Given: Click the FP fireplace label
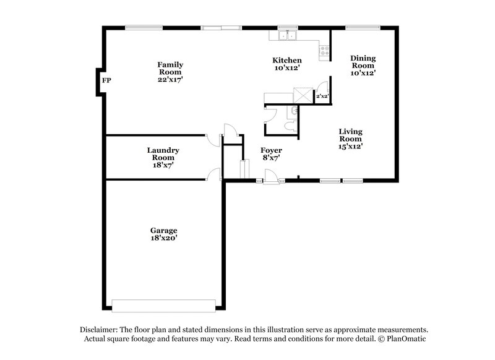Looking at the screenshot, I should (106, 81).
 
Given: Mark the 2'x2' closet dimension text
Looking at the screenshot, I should (322, 96).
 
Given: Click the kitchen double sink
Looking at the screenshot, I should (287, 36).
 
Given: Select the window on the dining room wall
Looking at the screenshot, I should (363, 27).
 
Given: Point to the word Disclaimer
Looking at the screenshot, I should (101, 330).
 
